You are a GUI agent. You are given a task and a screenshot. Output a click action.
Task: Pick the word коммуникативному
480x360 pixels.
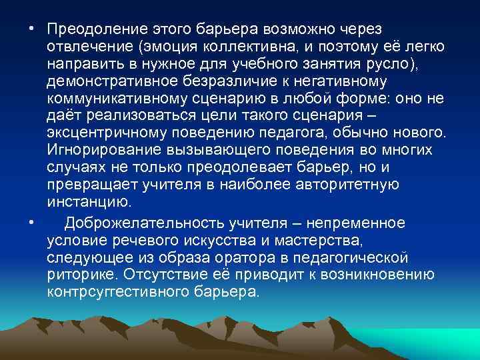point(114,99)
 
